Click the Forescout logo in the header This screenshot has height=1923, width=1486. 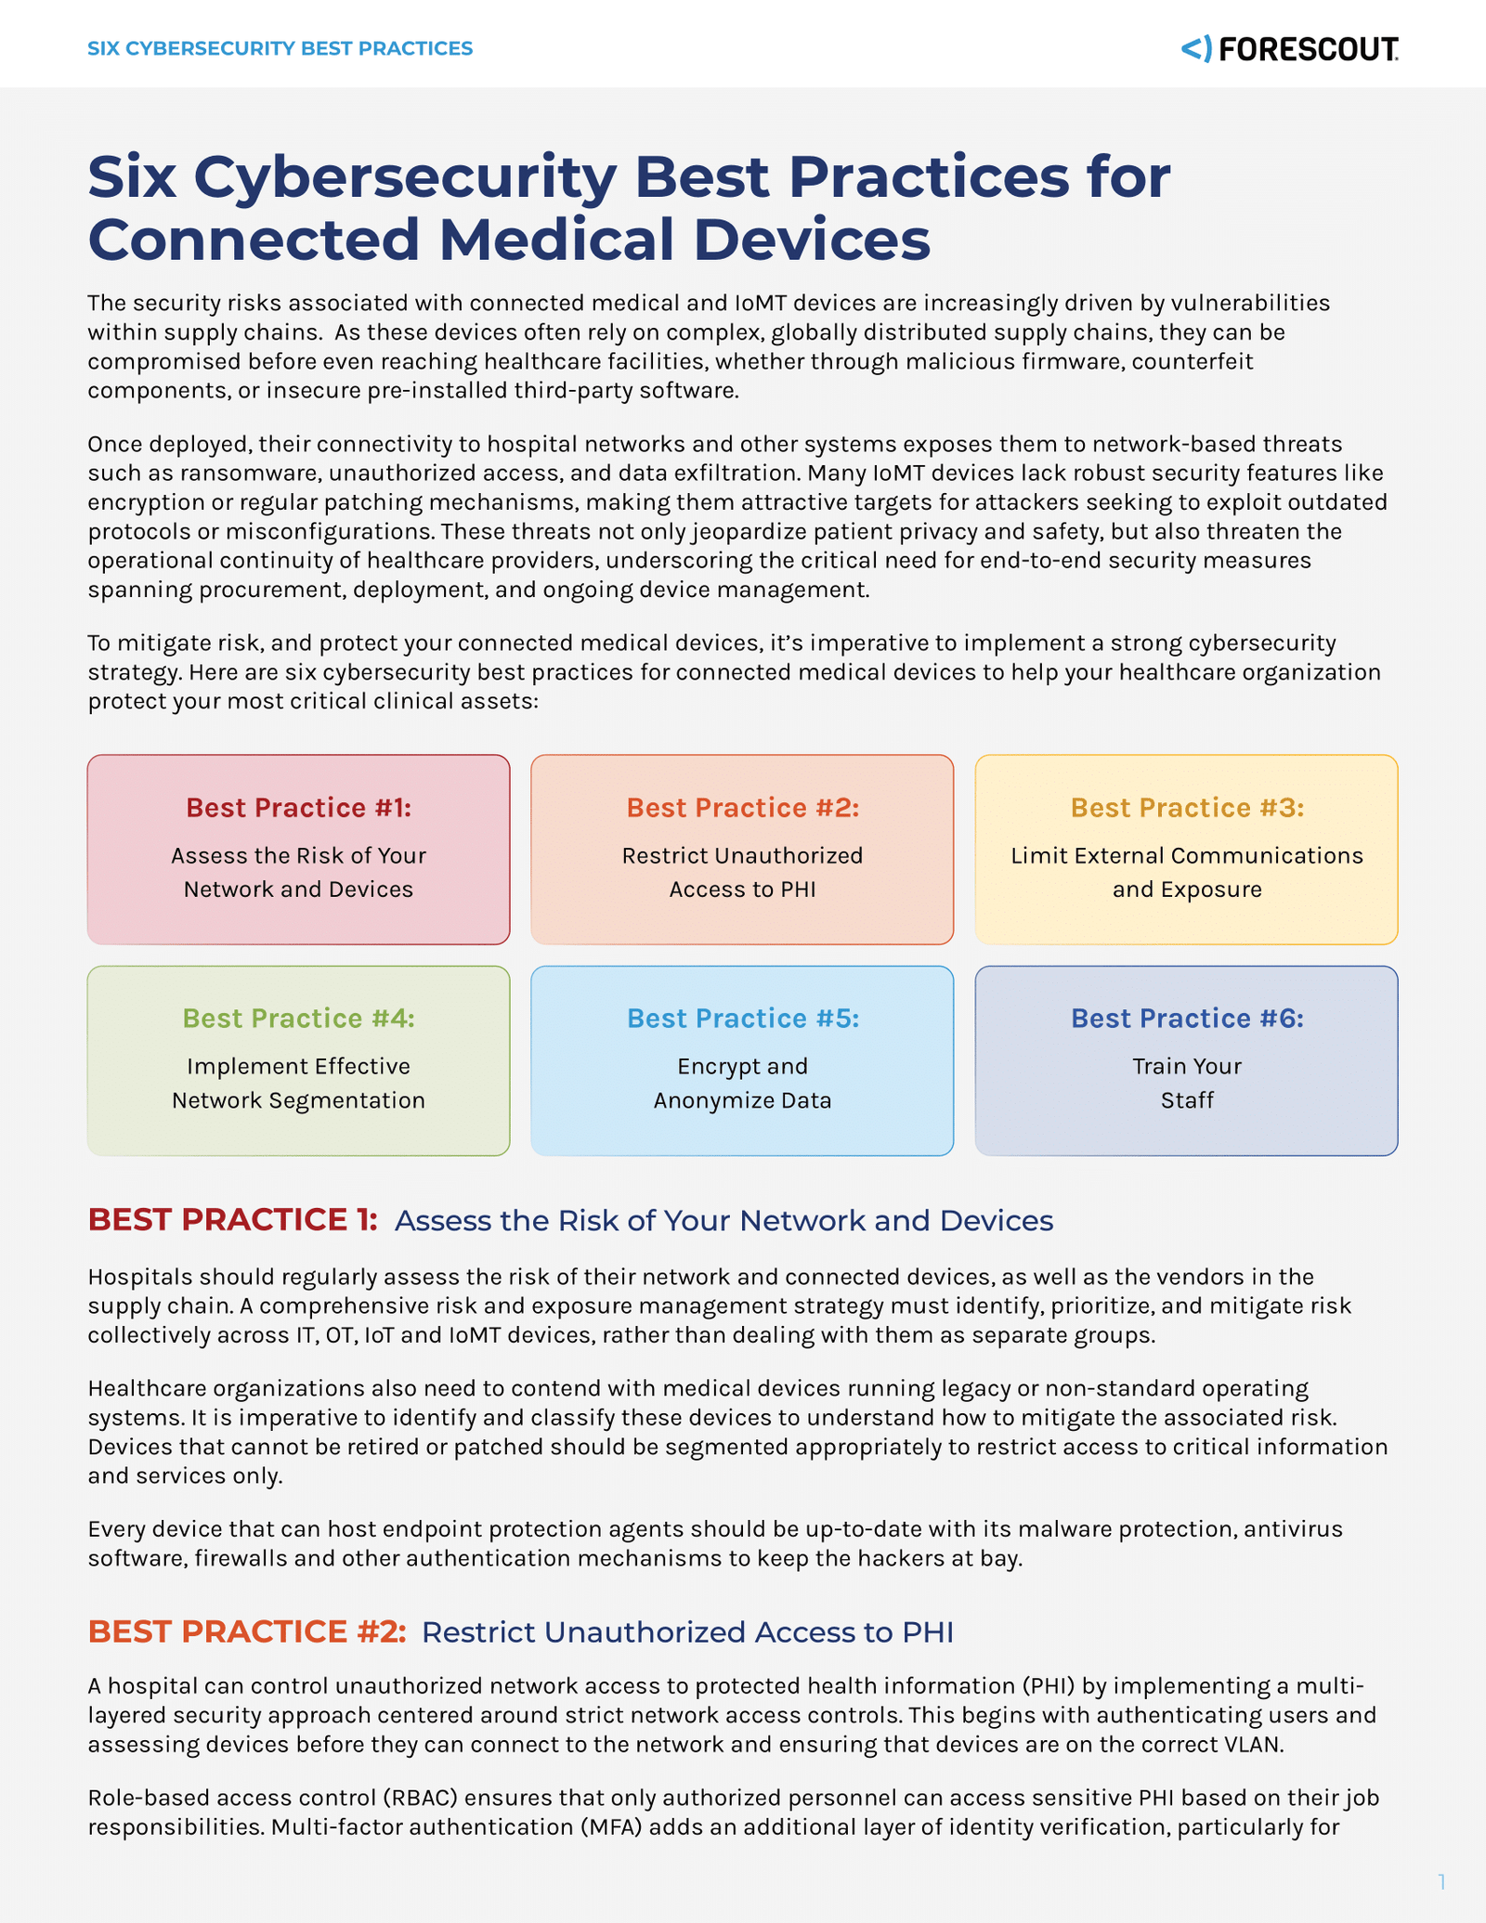(1289, 48)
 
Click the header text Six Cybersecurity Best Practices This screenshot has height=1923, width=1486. (280, 48)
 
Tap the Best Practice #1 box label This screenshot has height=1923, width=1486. (298, 808)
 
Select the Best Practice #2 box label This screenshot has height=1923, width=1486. (742, 808)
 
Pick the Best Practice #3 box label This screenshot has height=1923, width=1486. (1187, 808)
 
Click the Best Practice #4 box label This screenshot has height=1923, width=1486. (298, 1019)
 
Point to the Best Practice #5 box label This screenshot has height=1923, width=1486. (742, 1019)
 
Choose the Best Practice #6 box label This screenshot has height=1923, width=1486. (1187, 1019)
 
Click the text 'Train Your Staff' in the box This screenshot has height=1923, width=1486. (1187, 1083)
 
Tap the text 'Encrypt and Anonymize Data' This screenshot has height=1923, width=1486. (742, 1083)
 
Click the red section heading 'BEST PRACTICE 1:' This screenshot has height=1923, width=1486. (232, 1220)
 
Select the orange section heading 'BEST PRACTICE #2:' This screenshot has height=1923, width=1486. (247, 1631)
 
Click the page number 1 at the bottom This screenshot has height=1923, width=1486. (1441, 1881)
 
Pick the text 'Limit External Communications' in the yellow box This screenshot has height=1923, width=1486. (1187, 855)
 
